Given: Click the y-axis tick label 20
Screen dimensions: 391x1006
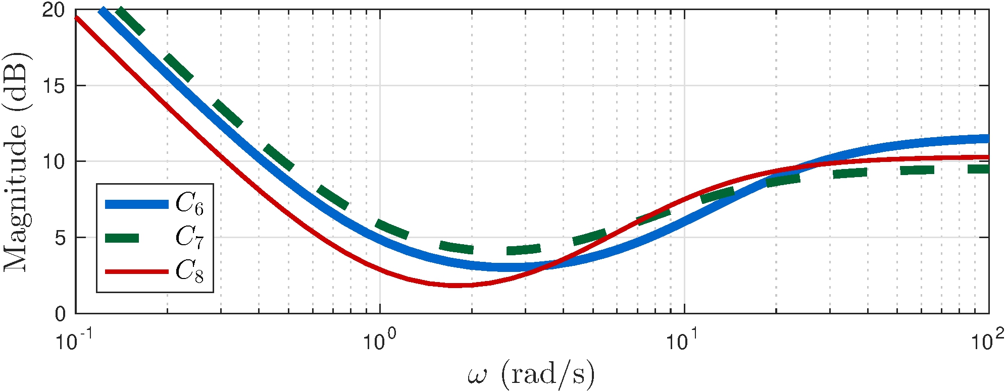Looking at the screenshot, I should click(54, 11).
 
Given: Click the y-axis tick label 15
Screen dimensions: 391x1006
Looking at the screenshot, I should click(54, 86).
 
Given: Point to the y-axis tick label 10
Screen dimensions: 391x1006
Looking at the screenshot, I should click(54, 162).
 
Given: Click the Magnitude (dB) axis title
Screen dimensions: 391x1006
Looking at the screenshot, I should click(16, 161).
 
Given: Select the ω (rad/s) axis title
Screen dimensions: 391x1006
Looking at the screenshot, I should click(531, 374).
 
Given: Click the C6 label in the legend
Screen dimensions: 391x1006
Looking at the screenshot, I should click(189, 204).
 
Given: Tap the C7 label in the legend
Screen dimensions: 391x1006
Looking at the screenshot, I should click(189, 237).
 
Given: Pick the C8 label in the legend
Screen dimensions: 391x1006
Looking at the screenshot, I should click(189, 271).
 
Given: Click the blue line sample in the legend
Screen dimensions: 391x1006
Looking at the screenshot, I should click(136, 204).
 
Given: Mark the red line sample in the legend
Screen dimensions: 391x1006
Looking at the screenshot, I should click(136, 271).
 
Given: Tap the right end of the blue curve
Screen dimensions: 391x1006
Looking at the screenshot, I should click(988, 139).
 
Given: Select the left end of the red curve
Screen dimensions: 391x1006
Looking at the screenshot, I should click(76, 18).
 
